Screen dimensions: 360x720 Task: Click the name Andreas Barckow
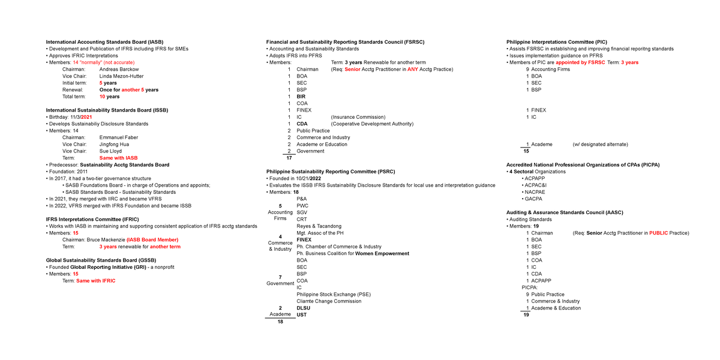click(x=119, y=69)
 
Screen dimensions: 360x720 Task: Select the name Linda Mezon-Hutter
click(x=121, y=76)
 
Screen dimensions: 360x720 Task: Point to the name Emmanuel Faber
click(x=118, y=137)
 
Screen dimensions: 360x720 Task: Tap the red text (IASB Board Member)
click(x=152, y=240)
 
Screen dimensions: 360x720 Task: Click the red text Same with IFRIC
click(x=95, y=281)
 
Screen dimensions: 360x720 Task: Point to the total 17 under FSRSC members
click(x=289, y=158)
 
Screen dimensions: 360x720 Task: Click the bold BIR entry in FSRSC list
click(x=301, y=97)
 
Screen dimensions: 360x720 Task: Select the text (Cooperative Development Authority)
click(x=372, y=124)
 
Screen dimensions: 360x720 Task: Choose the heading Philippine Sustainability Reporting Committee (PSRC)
click(x=331, y=172)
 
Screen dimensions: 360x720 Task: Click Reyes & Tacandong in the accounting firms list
click(x=319, y=226)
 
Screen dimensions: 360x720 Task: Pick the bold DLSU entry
click(x=304, y=308)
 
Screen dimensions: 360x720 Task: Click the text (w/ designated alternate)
click(x=600, y=144)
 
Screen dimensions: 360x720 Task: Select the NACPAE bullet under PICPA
click(x=536, y=192)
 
